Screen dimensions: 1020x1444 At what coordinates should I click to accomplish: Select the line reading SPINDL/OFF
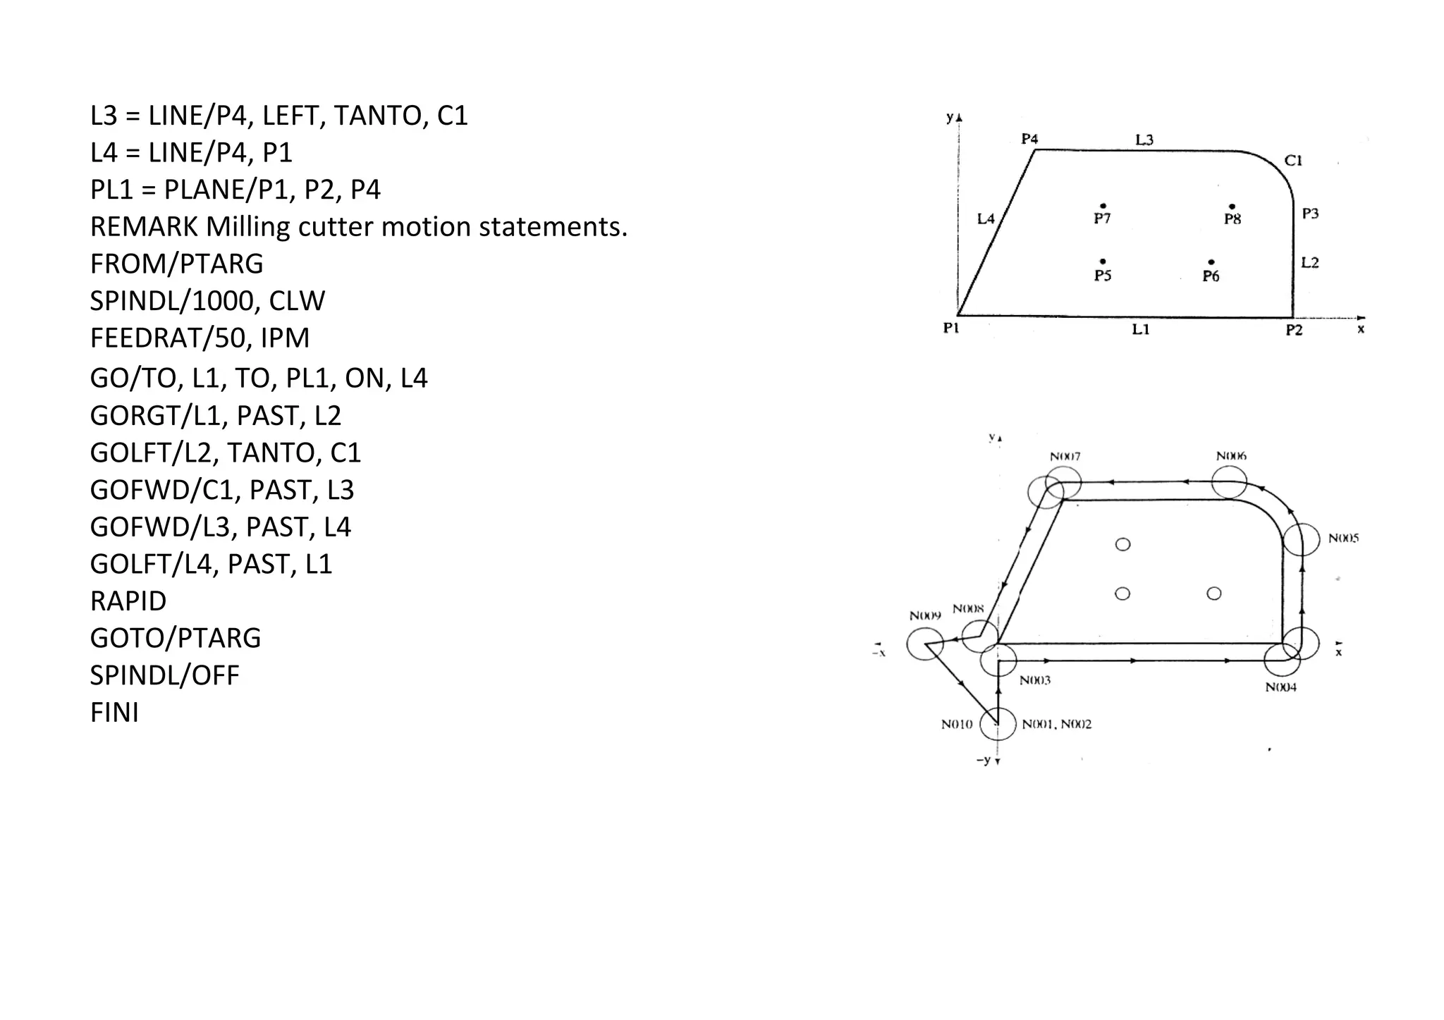164,675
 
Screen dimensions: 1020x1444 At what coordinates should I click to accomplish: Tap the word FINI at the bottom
114,713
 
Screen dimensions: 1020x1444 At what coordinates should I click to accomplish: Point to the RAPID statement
128,601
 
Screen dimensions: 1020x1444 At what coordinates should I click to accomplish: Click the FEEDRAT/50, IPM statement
200,338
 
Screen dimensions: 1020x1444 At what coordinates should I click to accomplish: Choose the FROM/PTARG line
176,264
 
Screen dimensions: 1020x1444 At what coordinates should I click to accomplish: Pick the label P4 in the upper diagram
1029,139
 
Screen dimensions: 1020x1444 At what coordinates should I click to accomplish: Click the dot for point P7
1103,205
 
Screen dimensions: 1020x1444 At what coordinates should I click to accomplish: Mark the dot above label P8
1232,207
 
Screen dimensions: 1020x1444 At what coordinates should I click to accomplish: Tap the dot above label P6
1211,262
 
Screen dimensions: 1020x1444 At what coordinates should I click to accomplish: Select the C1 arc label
1293,161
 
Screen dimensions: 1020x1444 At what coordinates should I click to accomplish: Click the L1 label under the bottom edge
1141,330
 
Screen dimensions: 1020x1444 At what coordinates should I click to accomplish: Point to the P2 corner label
1294,331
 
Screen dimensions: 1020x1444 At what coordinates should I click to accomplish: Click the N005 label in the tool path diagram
1343,539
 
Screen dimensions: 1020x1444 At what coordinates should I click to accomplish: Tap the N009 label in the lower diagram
925,615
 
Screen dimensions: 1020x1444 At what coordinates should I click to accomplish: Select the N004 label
1280,687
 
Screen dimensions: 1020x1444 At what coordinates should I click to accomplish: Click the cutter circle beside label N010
998,724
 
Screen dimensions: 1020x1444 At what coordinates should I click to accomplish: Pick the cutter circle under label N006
1229,482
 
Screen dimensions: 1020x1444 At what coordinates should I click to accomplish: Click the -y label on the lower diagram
984,760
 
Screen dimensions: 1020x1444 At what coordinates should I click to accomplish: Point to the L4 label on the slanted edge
985,219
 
